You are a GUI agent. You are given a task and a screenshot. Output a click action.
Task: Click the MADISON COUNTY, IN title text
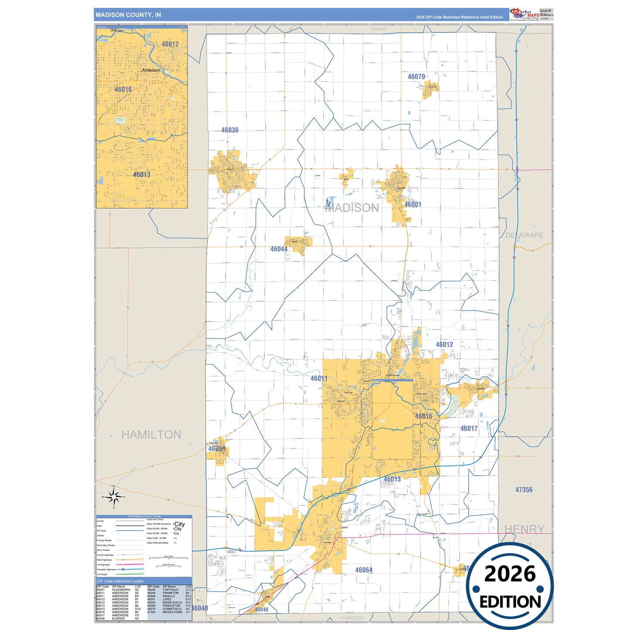[x=128, y=15]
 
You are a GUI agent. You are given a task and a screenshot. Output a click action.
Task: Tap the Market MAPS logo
[x=524, y=14]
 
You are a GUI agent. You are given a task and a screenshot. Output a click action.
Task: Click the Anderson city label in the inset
[x=151, y=70]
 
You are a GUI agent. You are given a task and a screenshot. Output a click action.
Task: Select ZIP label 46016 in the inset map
[x=123, y=89]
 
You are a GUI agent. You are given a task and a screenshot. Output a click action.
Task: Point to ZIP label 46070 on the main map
[x=416, y=77]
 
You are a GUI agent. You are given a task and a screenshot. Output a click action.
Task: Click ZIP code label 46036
[x=230, y=130]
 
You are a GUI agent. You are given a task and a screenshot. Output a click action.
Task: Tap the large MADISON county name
[x=352, y=208]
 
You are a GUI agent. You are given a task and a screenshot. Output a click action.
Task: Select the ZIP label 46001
[x=412, y=204]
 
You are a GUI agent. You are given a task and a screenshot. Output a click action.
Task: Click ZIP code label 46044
[x=279, y=249]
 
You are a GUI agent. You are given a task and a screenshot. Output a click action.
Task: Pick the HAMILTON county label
[x=151, y=435]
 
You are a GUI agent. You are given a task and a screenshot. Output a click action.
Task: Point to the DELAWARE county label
[x=524, y=235]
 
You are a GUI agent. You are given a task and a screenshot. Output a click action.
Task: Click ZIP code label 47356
[x=524, y=490]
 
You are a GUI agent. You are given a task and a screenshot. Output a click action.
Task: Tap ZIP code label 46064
[x=364, y=570]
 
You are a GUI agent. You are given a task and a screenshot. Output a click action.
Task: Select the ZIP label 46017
[x=469, y=429]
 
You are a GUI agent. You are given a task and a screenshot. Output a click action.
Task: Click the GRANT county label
[x=378, y=29]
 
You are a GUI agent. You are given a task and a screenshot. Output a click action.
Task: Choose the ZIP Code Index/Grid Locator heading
[x=120, y=581]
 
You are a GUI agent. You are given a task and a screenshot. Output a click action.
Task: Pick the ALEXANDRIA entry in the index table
[x=121, y=590]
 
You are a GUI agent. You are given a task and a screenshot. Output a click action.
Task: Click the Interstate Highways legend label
[x=106, y=569]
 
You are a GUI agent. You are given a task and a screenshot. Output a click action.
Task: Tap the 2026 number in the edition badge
[x=510, y=574]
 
